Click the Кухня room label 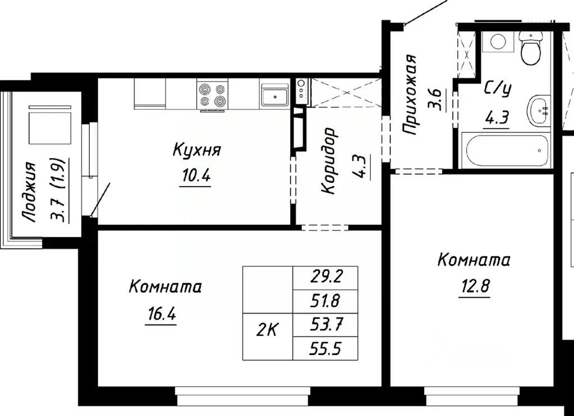point(196,150)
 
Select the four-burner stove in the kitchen point(213,94)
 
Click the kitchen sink point(274,94)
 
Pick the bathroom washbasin point(539,110)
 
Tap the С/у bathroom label point(497,90)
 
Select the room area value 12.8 point(474,286)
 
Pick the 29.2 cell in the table point(325,276)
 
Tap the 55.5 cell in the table point(325,349)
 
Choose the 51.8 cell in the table point(325,301)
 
